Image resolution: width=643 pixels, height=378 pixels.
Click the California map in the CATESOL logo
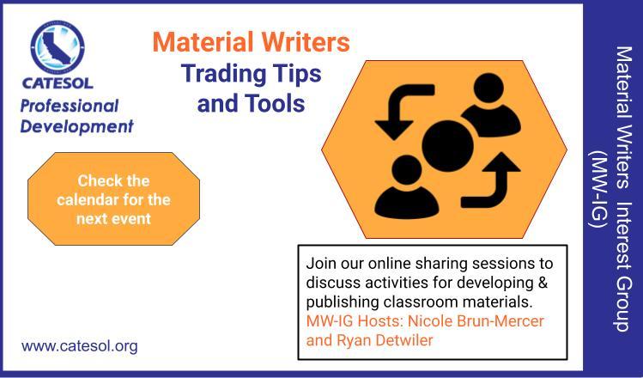(x=58, y=47)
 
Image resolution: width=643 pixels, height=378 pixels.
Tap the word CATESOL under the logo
(x=58, y=82)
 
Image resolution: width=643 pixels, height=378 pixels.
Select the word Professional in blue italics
(x=70, y=107)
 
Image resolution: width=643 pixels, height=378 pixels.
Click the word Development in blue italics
(x=76, y=126)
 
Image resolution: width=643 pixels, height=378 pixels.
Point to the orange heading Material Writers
(x=251, y=42)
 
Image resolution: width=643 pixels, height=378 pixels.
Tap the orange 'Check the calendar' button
(x=113, y=199)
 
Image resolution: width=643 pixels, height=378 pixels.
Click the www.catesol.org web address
(x=80, y=346)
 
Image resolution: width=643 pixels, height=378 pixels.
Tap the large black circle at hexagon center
(x=448, y=146)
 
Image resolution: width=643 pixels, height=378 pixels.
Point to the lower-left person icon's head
(x=406, y=170)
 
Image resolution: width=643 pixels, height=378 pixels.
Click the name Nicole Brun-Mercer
(x=476, y=321)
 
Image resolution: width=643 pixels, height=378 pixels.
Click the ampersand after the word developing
(x=543, y=283)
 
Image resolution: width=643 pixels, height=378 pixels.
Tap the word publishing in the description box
(x=343, y=302)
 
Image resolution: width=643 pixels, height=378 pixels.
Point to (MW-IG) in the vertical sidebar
(x=598, y=189)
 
